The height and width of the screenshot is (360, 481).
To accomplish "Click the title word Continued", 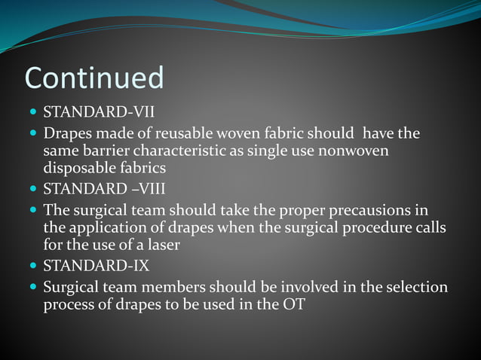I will pyautogui.click(x=94, y=78).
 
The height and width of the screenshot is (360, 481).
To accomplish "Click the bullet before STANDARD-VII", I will pyautogui.click(x=32, y=114).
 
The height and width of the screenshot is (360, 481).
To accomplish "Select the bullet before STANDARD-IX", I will pyautogui.click(x=32, y=267).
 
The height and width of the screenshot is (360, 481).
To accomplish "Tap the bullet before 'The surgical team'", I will pyautogui.click(x=32, y=209).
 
